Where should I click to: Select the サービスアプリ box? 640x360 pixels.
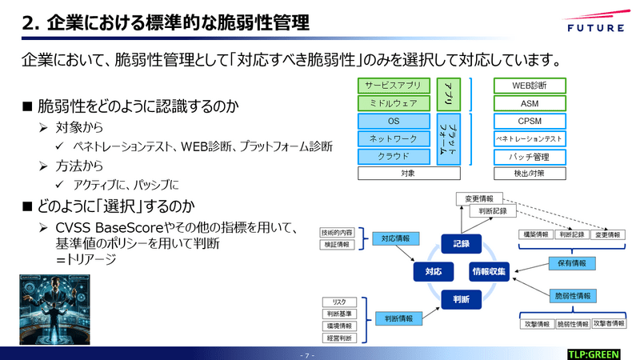click(394, 86)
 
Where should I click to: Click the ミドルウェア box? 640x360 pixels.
click(394, 103)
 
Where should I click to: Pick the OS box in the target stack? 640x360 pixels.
click(394, 122)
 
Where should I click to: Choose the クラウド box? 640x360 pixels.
click(394, 156)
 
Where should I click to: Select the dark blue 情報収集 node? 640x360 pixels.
click(489, 271)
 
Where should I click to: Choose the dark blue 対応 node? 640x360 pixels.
click(433, 271)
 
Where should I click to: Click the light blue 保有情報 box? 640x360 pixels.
click(571, 262)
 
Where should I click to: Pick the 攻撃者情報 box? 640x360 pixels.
click(608, 324)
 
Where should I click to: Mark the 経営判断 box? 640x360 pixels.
click(338, 338)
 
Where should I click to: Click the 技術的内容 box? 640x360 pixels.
click(338, 232)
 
